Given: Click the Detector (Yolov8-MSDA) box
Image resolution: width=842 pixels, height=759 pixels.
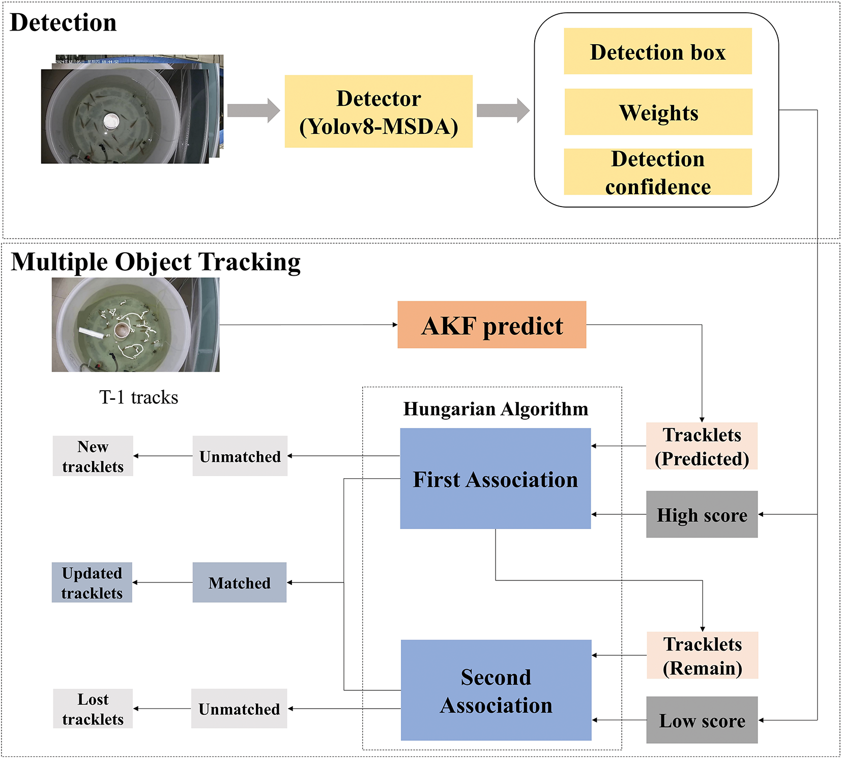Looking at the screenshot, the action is tap(379, 111).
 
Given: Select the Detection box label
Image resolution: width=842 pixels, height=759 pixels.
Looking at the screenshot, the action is tap(658, 51).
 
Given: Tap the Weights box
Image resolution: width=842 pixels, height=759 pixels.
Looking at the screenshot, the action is tap(658, 112).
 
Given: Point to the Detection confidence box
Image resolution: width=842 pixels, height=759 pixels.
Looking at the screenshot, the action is tap(658, 172).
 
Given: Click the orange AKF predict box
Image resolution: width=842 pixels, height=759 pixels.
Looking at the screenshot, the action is tap(492, 325).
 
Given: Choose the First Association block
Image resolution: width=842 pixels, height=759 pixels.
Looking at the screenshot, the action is tap(496, 478).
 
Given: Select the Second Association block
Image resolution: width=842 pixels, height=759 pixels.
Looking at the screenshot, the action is tap(496, 690).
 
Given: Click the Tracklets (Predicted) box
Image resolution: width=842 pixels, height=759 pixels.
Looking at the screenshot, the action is tap(702, 446).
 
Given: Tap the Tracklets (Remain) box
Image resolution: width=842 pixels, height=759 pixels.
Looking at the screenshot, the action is tap(703, 655).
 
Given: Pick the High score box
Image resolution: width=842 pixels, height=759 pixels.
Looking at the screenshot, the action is tap(702, 514).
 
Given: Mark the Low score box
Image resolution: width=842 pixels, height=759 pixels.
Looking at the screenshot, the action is tap(702, 720).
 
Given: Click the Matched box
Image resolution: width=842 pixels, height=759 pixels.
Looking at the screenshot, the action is tap(240, 582).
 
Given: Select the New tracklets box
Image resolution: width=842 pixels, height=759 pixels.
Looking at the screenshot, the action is tap(93, 456).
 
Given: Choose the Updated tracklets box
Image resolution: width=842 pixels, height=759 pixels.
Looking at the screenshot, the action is tap(92, 582).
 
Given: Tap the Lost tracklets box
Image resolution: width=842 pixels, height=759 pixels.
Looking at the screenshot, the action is tap(93, 709).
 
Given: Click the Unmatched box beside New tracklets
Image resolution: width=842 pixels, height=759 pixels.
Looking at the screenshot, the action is tap(240, 456).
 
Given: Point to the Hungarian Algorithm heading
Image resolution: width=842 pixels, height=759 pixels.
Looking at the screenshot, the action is tap(496, 409).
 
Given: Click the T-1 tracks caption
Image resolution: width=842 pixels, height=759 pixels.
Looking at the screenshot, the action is tap(139, 397).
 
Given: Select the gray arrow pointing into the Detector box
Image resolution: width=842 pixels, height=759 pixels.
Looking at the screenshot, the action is tap(254, 110).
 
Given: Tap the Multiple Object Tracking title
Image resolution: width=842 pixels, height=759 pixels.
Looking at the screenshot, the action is tap(156, 262).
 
